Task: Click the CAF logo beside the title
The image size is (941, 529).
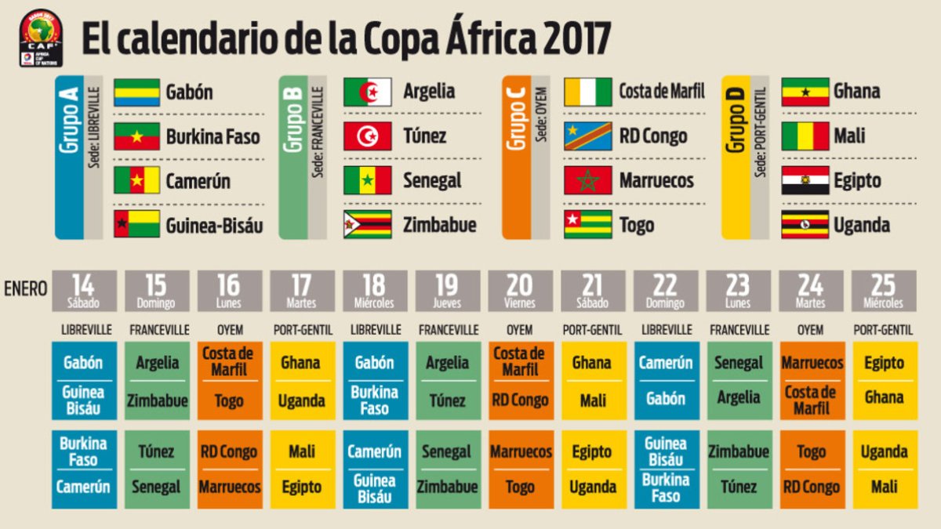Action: tap(41, 38)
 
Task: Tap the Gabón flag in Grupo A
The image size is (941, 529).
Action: tap(137, 92)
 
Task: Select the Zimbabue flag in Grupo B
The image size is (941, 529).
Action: tap(368, 225)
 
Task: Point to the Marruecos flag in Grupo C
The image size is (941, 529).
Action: tap(587, 180)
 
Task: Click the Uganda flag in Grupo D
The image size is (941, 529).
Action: tap(805, 225)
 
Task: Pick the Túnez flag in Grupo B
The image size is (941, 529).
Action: tap(368, 136)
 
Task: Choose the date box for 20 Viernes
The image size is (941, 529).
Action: tap(520, 291)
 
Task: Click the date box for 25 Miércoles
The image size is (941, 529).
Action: tap(884, 291)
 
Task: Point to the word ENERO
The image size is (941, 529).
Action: tap(25, 288)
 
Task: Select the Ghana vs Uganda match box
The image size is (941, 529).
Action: tap(302, 381)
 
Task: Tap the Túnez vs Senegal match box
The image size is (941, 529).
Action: tap(156, 469)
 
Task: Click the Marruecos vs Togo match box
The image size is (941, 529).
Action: tap(520, 469)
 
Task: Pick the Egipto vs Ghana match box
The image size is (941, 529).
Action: tap(884, 381)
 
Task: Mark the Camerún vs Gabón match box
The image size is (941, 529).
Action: tap(665, 381)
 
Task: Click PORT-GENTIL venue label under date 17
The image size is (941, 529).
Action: tap(302, 330)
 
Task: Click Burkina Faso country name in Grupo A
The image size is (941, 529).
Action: tap(213, 137)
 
